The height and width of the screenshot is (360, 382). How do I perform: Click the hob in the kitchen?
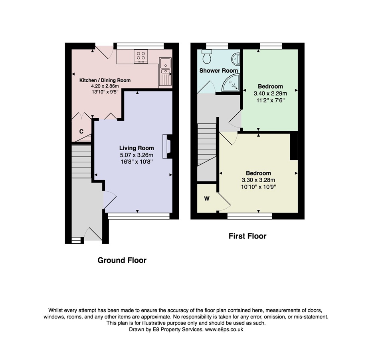tap(141, 56)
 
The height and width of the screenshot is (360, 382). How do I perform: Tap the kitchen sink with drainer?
tap(165, 72)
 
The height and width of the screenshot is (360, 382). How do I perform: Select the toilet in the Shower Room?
tap(207, 56)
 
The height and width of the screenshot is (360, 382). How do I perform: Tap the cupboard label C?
tap(81, 131)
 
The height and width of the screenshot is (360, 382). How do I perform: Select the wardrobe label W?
tap(207, 199)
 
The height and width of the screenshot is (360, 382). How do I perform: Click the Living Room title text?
tap(137, 148)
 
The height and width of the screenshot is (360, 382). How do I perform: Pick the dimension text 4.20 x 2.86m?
tap(105, 86)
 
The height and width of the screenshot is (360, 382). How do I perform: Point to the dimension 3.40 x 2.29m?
tap(270, 93)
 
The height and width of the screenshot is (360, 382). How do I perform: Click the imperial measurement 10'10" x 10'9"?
tap(259, 187)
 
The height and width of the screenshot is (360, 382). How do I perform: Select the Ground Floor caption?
tap(122, 260)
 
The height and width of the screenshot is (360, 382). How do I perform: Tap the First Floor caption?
tap(247, 236)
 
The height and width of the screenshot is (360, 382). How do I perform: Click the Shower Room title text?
tap(218, 71)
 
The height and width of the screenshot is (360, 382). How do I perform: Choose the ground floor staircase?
tap(81, 161)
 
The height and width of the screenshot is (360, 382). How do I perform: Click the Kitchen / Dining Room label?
tap(105, 80)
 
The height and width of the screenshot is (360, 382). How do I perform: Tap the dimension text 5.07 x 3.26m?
tap(137, 155)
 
